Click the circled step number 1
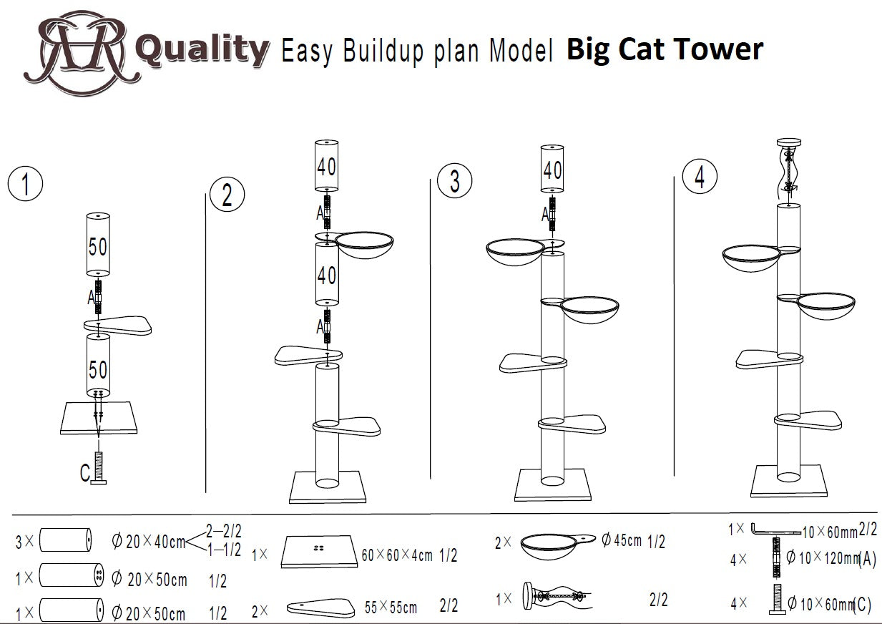(25, 184)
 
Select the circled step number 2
(227, 194)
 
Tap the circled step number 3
(455, 181)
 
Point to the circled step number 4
(700, 176)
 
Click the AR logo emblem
(82, 52)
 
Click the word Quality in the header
(202, 50)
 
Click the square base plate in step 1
(99, 418)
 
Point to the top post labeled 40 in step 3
(552, 169)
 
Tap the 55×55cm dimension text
(391, 607)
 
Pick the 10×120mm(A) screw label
(830, 558)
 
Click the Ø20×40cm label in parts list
(149, 541)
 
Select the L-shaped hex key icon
(775, 531)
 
